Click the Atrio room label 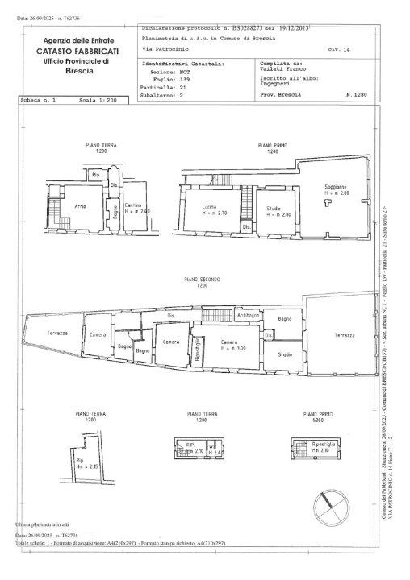(x=81, y=207)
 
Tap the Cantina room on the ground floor (x=137, y=209)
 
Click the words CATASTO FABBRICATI (x=77, y=52)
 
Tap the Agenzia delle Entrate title (x=77, y=40)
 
